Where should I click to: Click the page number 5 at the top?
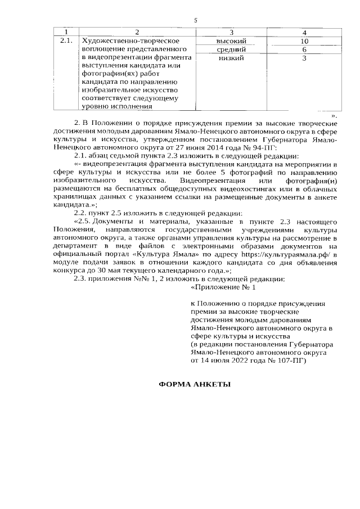pos(195,21)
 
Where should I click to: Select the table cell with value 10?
pos(304,42)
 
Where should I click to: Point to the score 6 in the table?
pos(304,50)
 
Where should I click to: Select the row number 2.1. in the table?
pos(66,42)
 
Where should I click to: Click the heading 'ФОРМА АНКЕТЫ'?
pos(195,385)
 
